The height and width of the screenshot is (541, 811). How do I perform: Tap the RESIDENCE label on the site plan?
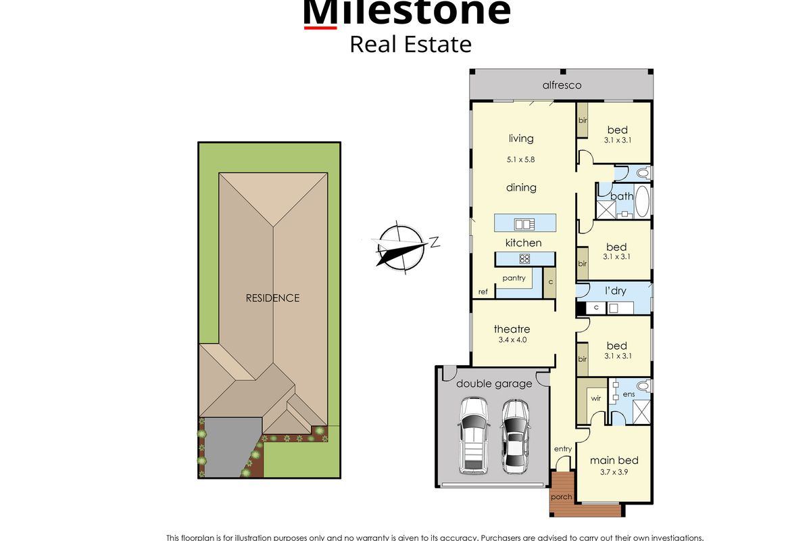pos(272,298)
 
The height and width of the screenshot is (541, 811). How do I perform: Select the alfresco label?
pos(562,85)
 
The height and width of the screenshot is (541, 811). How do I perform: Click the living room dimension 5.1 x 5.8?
pos(521,160)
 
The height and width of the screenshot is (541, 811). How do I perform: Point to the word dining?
pos(521,187)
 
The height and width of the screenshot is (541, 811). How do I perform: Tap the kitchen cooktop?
pos(524,258)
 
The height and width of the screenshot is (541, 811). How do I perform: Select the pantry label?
pos(514,278)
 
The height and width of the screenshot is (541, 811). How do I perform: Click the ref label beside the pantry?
pos(483,292)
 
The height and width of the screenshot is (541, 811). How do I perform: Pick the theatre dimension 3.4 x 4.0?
pos(512,340)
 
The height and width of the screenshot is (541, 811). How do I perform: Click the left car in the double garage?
pos(473,436)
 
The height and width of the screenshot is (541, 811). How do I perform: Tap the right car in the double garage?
pos(515,436)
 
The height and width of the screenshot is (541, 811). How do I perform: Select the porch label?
pos(561,496)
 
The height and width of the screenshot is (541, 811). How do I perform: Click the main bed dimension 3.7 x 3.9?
pos(614,473)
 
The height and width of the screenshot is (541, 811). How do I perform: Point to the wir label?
pos(595,399)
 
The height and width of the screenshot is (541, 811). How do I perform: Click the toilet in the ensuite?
pos(642,387)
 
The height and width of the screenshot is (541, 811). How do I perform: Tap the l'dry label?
pos(615,291)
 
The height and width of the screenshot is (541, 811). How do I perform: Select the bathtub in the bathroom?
pos(641,202)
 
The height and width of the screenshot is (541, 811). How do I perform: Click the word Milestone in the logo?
pos(406,12)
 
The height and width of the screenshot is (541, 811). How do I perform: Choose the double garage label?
pos(494,383)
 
